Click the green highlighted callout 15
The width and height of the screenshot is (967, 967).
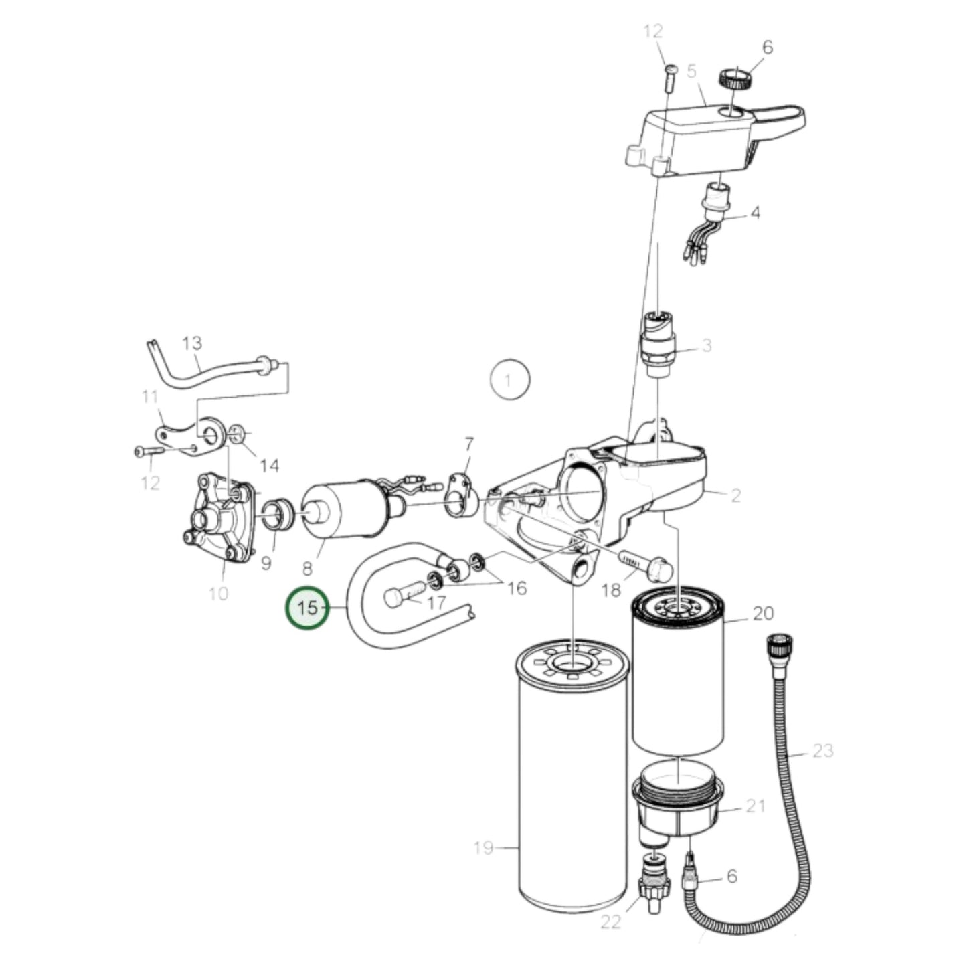[307, 608]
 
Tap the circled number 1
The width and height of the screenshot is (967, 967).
[509, 381]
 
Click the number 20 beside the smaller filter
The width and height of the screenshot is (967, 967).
[763, 613]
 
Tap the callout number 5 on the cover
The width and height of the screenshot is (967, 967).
[692, 70]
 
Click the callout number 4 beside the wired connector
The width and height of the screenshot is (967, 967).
[755, 213]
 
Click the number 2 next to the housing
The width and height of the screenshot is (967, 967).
[735, 495]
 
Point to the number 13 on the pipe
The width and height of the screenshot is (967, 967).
[191, 343]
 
